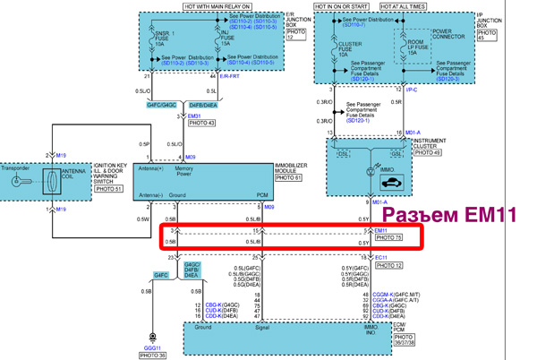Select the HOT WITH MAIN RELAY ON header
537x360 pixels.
click(x=216, y=6)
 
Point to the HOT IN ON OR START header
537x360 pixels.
click(x=347, y=6)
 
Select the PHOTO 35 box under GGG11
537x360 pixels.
click(x=152, y=355)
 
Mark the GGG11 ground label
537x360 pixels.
click(x=152, y=345)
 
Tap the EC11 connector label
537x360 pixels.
click(x=381, y=258)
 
